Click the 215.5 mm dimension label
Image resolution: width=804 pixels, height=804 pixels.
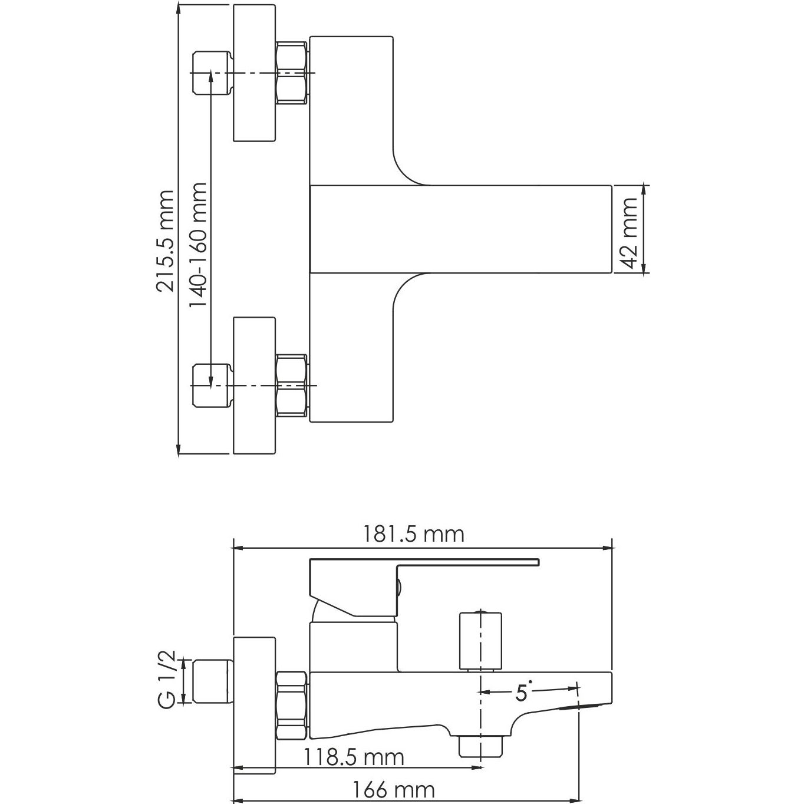pyautogui.click(x=165, y=240)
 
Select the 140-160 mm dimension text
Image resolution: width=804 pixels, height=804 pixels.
pyautogui.click(x=198, y=245)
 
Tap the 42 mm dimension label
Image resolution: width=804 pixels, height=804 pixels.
pyautogui.click(x=630, y=232)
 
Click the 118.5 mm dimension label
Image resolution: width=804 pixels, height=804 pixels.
pyautogui.click(x=354, y=757)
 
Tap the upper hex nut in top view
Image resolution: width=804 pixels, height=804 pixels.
pyautogui.click(x=291, y=73)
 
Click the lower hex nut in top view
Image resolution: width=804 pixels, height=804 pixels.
pyautogui.click(x=291, y=386)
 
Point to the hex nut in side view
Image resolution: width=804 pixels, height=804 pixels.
pyautogui.click(x=291, y=700)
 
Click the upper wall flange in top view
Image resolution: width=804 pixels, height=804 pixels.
pyautogui.click(x=255, y=73)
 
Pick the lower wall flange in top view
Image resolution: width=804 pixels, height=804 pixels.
pyautogui.click(x=255, y=386)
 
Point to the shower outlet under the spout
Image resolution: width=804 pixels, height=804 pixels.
pyautogui.click(x=481, y=745)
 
